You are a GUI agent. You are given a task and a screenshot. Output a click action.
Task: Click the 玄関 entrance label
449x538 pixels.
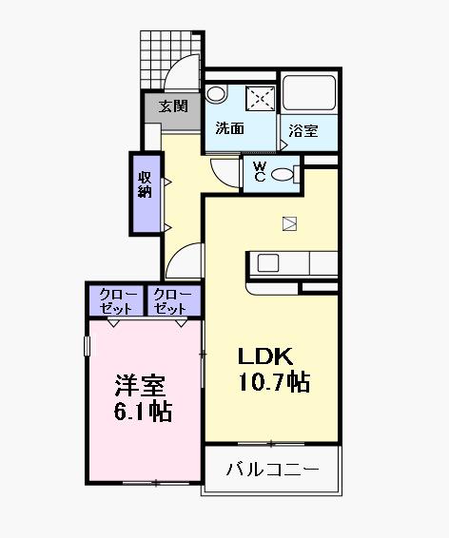tap(172, 106)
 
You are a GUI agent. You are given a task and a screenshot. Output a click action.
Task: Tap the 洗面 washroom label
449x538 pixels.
tap(229, 128)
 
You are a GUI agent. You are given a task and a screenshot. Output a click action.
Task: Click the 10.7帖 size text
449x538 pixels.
tap(274, 382)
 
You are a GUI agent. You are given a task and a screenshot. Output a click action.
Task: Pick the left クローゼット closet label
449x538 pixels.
tap(115, 301)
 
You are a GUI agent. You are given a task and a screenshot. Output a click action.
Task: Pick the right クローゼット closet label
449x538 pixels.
tap(172, 301)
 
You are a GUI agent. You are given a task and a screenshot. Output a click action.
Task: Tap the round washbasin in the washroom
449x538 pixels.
tap(216, 95)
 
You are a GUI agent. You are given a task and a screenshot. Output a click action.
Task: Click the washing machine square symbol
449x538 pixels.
tap(260, 97)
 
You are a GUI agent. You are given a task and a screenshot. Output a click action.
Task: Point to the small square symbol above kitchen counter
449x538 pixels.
tap(290, 224)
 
